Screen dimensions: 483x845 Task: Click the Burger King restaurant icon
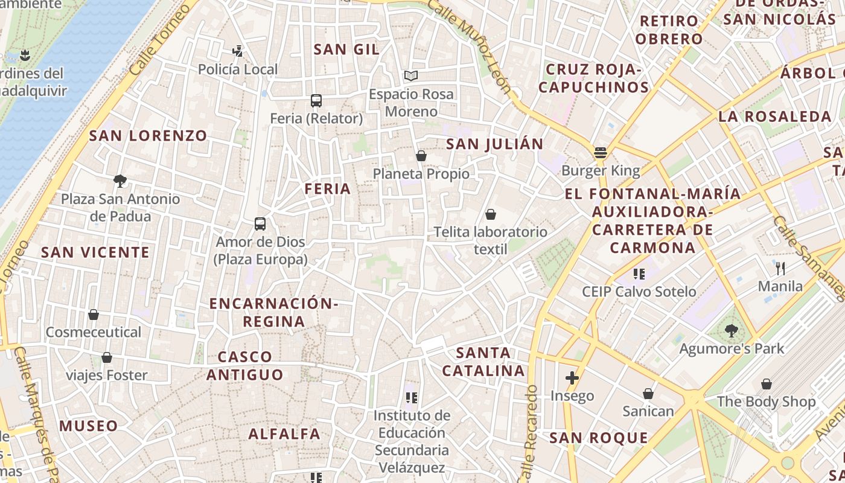tap(600, 153)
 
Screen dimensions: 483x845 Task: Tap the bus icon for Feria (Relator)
tap(316, 101)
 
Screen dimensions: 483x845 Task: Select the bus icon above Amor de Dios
tap(260, 224)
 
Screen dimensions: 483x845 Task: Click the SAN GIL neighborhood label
tap(346, 50)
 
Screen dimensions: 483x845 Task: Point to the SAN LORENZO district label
tap(148, 136)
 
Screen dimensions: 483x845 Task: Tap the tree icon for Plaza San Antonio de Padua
tap(120, 181)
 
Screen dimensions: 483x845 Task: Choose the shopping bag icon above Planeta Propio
tap(421, 156)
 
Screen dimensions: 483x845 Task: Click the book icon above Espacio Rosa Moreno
tap(411, 76)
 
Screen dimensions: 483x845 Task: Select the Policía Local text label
tap(238, 70)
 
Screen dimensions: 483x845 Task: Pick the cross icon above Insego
tap(572, 379)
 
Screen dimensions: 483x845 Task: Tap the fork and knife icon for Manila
tap(780, 268)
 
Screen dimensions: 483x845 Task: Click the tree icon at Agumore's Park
tap(732, 331)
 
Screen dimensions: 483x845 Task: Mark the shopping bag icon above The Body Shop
tap(766, 384)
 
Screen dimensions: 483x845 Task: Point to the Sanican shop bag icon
tap(648, 394)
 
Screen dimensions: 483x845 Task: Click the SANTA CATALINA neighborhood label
tap(483, 362)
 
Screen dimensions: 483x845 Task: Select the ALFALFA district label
tap(284, 434)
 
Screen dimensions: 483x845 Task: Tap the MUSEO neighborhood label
tap(89, 426)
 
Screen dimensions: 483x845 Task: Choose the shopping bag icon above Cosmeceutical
tap(94, 315)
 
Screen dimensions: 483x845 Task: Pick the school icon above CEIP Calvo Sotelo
tap(639, 274)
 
